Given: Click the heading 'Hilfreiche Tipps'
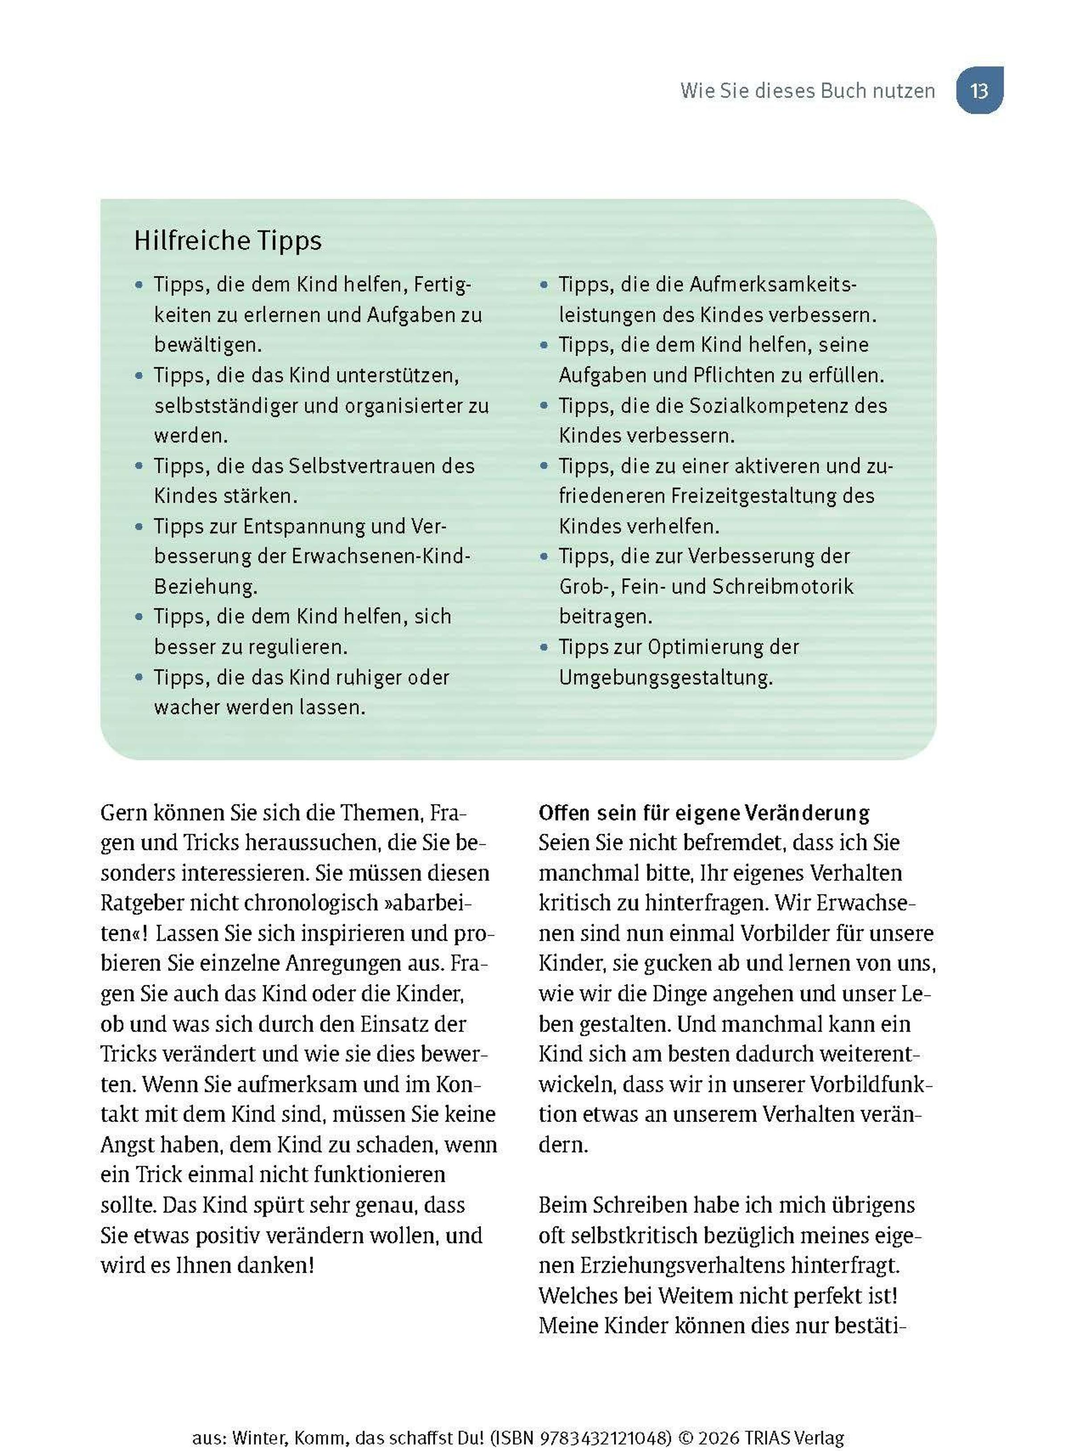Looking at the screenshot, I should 227,241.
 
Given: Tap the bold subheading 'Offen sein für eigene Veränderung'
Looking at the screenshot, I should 704,813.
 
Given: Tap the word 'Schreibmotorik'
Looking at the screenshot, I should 782,587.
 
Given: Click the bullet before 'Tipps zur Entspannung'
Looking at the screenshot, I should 139,527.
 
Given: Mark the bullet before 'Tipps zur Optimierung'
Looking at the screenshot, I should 544,647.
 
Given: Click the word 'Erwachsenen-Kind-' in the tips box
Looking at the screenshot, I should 380,557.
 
